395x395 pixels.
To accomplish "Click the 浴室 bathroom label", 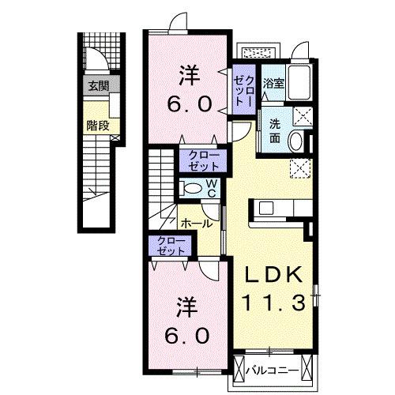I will [273, 81].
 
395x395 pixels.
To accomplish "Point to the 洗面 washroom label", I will [274, 130].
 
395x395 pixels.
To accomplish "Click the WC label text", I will [211, 187].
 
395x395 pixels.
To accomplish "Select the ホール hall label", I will [195, 224].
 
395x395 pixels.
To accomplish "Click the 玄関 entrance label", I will [98, 85].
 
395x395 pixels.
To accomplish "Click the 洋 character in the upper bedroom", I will [190, 77].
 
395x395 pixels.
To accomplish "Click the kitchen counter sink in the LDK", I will [265, 209].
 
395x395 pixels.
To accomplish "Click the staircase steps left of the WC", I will [161, 178].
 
